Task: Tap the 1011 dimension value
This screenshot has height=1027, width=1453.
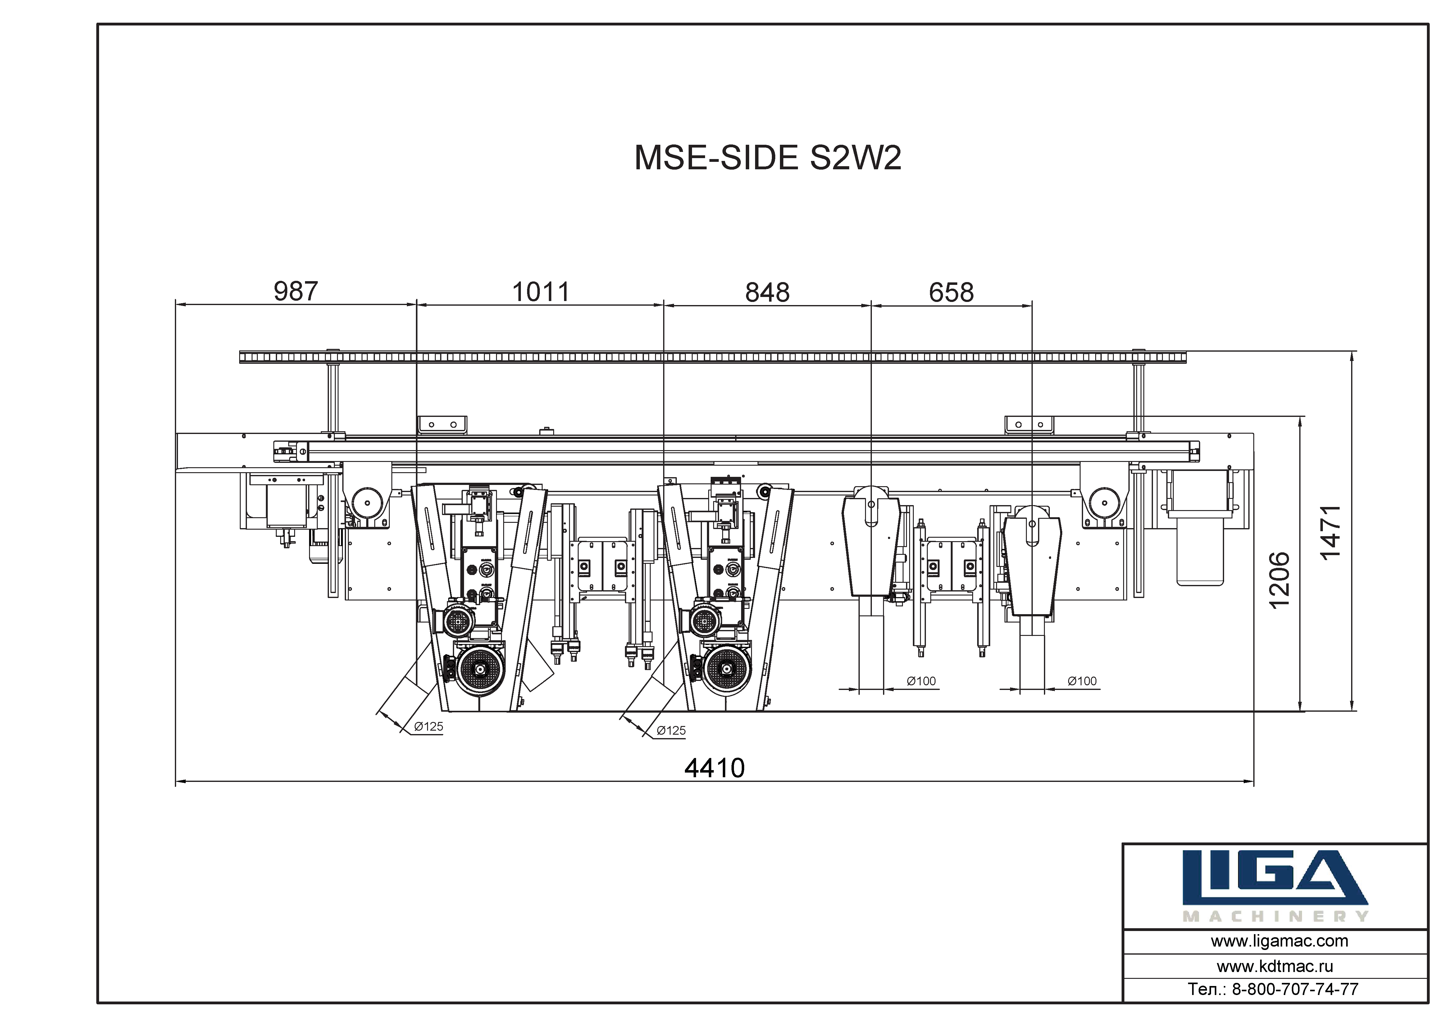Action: [x=540, y=292]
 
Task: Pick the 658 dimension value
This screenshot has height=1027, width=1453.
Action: [x=951, y=293]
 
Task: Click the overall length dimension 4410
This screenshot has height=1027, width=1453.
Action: [x=714, y=768]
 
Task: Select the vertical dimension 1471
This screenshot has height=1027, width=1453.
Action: [x=1330, y=532]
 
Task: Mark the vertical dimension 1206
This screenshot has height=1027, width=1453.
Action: [x=1279, y=580]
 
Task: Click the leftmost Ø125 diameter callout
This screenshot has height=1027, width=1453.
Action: [x=428, y=726]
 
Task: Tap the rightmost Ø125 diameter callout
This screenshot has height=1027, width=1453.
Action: [x=671, y=730]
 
